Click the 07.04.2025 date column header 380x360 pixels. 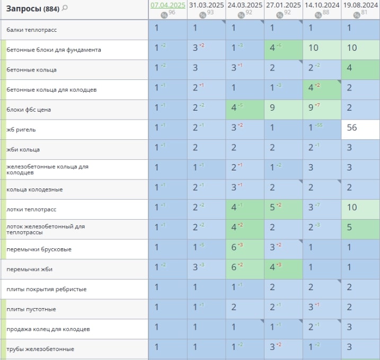pyautogui.click(x=167, y=5)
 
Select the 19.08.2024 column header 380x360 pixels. pyautogui.click(x=360, y=5)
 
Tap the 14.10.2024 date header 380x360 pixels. pyautogui.click(x=322, y=5)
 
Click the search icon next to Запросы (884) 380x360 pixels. pyautogui.click(x=65, y=8)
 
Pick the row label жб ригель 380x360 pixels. pyautogui.click(x=21, y=130)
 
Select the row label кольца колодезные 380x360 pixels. pyautogui.click(x=29, y=190)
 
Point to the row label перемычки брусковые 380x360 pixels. pyautogui.click(x=39, y=249)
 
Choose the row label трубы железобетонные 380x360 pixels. pyautogui.click(x=40, y=349)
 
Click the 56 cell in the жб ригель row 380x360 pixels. pyautogui.click(x=361, y=130)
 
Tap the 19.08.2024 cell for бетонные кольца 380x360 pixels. pyautogui.click(x=361, y=70)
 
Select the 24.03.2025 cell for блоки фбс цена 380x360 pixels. pyautogui.click(x=245, y=110)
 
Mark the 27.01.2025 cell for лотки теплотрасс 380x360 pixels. pyautogui.click(x=284, y=209)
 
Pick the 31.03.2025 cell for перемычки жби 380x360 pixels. pyautogui.click(x=206, y=269)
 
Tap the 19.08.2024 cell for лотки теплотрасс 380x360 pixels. pyautogui.click(x=361, y=209)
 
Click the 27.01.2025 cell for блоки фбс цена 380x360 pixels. pyautogui.click(x=284, y=110)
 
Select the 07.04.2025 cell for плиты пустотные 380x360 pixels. pyautogui.click(x=167, y=309)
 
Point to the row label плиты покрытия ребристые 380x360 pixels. pyautogui.click(x=47, y=289)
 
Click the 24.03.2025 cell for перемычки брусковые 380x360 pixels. pyautogui.click(x=245, y=249)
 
